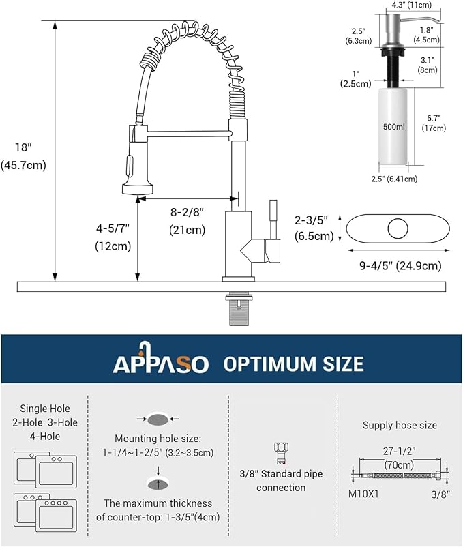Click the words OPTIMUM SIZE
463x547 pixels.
tap(293, 363)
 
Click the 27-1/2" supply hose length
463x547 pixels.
tap(399, 451)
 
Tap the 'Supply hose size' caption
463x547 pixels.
tap(399, 425)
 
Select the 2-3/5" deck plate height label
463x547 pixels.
tap(312, 228)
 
